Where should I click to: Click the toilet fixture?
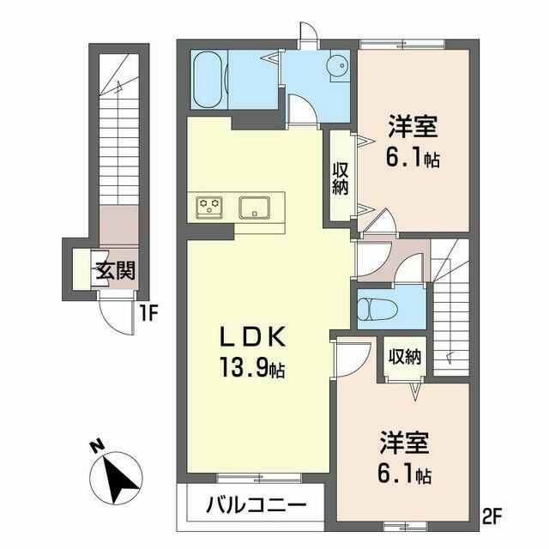[378, 309]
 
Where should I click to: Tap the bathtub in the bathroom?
[208, 81]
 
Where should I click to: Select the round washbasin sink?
[337, 65]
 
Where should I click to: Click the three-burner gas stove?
[209, 208]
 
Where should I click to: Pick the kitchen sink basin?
[255, 208]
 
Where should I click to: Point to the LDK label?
[252, 337]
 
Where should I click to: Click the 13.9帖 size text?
[252, 367]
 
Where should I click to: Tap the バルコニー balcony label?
[256, 505]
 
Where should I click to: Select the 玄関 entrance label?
[117, 270]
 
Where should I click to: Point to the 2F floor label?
[492, 516]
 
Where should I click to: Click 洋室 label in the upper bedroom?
[413, 126]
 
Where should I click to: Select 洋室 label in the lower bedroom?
[404, 442]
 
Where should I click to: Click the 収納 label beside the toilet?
[405, 357]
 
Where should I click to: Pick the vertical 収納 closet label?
[341, 178]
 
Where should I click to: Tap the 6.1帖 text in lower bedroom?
[404, 473]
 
